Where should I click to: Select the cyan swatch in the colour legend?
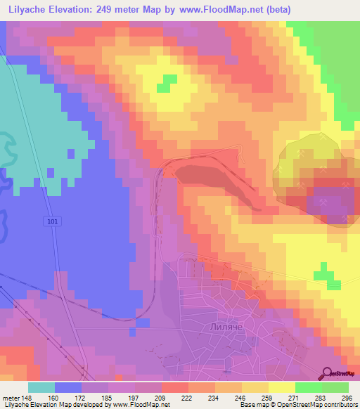coord(41,387)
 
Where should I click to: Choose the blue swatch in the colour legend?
coord(68,387)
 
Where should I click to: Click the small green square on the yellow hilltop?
coord(166,83)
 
